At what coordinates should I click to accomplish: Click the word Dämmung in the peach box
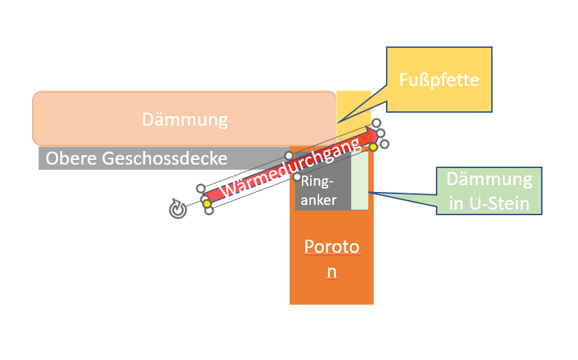click(184, 120)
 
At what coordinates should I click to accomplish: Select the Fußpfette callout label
click(439, 80)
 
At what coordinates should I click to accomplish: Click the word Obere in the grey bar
click(70, 159)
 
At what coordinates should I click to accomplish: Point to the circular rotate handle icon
click(178, 210)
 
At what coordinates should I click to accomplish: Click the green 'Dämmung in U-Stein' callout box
click(488, 191)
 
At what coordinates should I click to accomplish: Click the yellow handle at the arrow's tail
click(206, 204)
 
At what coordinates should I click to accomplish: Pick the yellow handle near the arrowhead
click(374, 147)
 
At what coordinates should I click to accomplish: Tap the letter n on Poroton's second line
click(331, 271)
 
